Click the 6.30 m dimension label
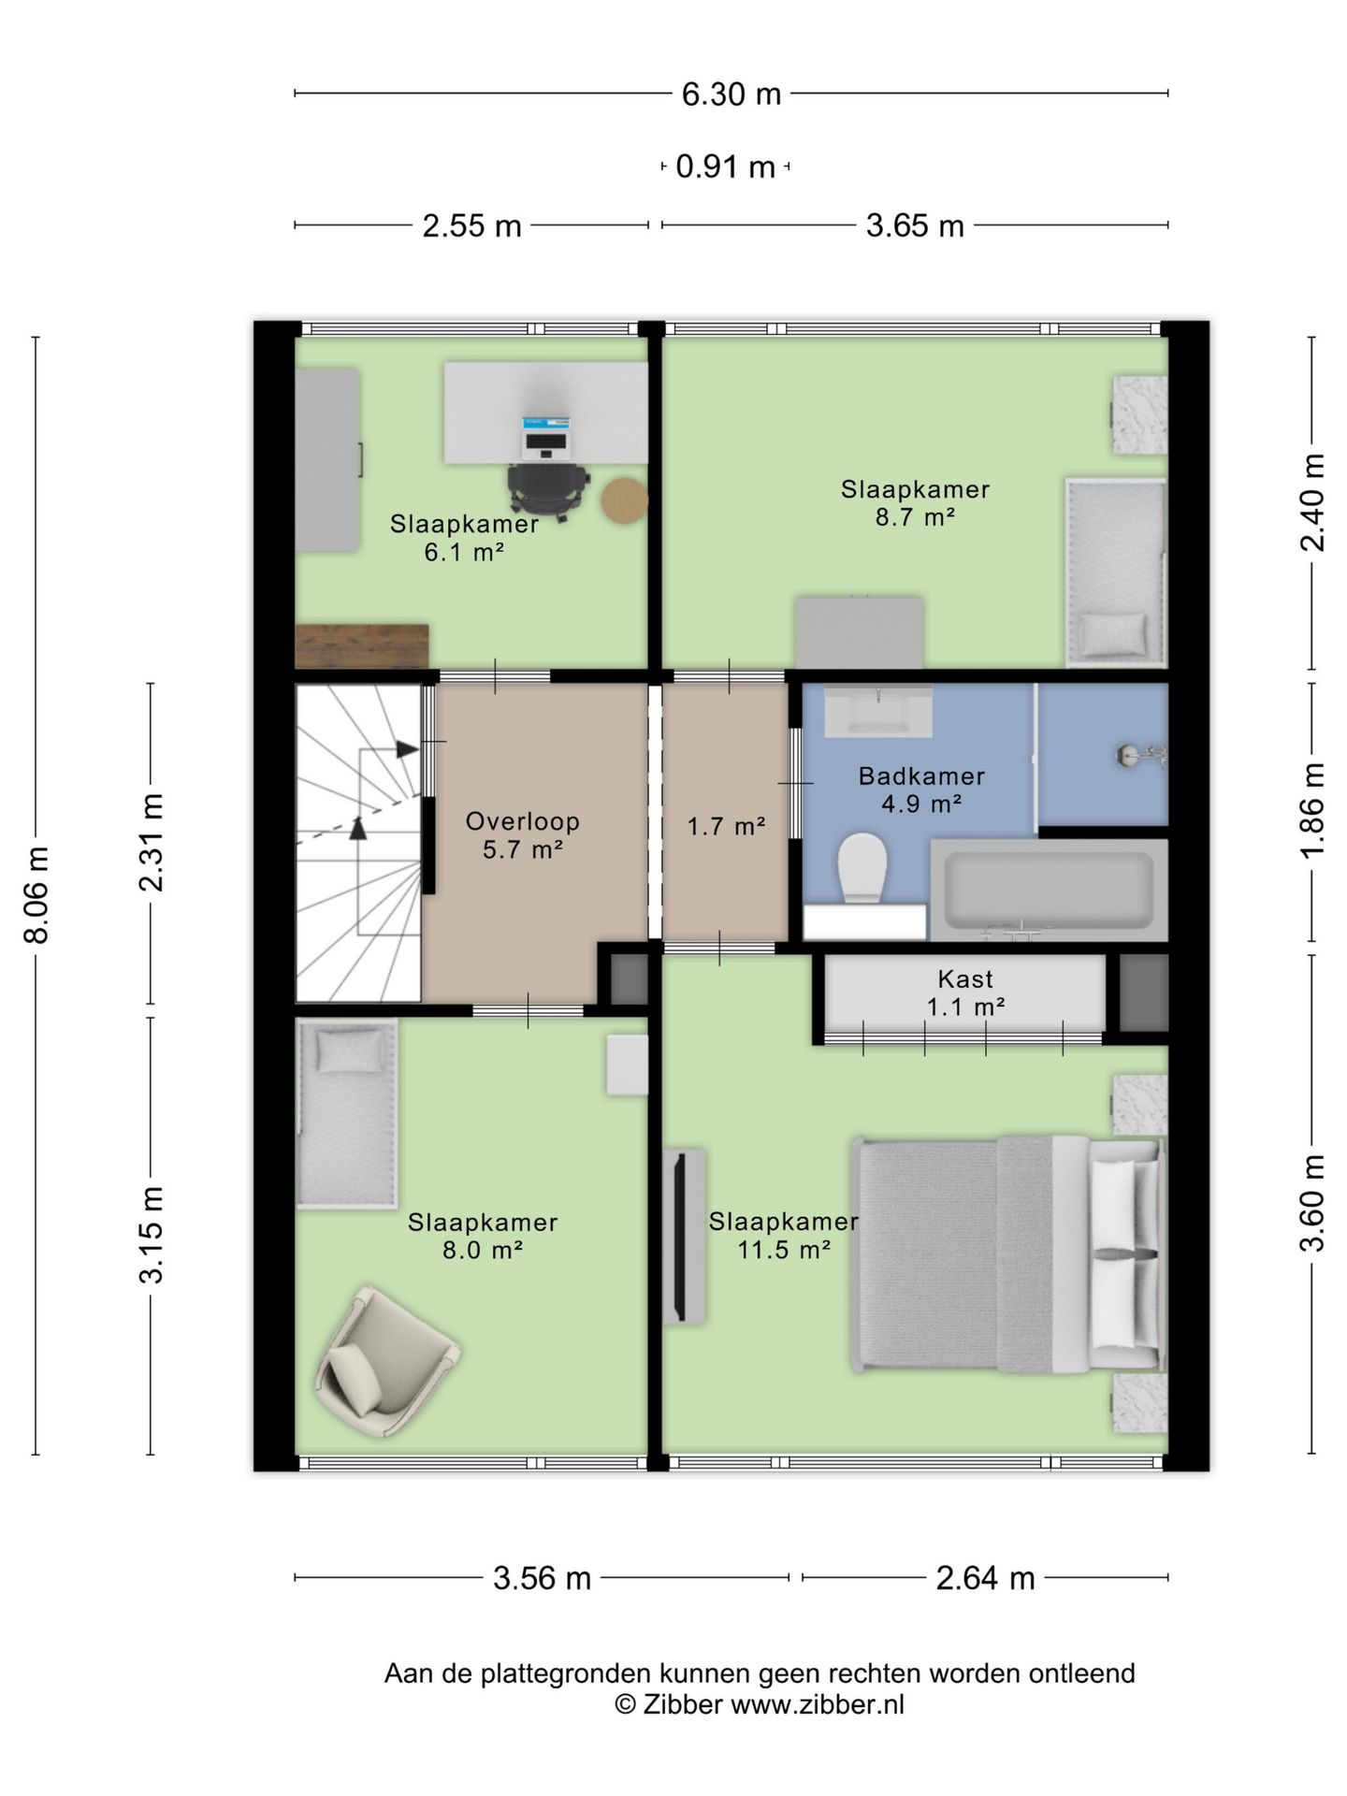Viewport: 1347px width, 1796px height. tap(731, 94)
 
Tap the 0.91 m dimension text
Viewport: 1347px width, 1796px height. tap(725, 167)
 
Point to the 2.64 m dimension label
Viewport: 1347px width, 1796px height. tap(985, 1579)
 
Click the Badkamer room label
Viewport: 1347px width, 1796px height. tap(921, 776)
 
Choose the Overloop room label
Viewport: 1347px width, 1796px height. tap(523, 822)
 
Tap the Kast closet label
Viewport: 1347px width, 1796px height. tap(965, 979)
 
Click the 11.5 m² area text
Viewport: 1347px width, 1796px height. tap(784, 1250)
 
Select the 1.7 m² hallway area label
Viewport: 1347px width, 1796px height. tap(726, 827)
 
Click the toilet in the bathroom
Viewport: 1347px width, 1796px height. tap(862, 868)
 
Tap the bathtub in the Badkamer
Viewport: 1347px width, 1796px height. tap(1049, 891)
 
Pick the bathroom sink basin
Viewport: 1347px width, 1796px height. tap(878, 711)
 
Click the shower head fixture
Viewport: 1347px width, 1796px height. tap(1142, 755)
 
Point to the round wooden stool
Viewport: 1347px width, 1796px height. tap(625, 501)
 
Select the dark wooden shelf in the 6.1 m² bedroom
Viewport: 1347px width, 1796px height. tap(361, 646)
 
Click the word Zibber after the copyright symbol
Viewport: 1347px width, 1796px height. tap(682, 1704)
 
